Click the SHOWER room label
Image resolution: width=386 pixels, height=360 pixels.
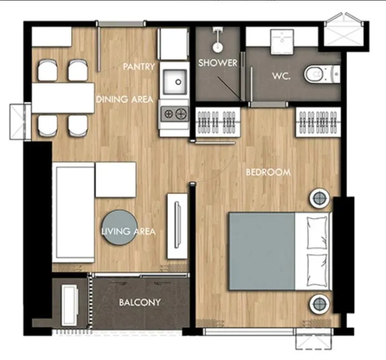(218, 63)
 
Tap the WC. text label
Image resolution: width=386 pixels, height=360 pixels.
(281, 76)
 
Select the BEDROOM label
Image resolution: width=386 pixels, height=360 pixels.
(268, 172)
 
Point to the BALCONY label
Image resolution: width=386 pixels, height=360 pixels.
(139, 302)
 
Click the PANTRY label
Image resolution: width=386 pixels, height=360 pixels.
(139, 67)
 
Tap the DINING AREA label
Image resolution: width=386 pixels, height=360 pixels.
(124, 99)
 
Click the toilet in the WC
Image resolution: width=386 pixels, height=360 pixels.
(322, 74)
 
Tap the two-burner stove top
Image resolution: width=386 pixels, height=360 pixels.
(175, 114)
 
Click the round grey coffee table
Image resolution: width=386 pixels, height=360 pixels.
(120, 227)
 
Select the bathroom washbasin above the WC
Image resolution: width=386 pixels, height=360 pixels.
(282, 42)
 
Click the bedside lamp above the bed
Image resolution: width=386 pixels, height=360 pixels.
(319, 198)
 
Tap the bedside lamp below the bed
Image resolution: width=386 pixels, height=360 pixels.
(319, 304)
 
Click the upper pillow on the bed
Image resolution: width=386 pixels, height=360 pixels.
(317, 233)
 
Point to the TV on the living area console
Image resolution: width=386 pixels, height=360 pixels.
(177, 224)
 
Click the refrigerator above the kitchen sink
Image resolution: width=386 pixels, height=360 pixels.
(172, 44)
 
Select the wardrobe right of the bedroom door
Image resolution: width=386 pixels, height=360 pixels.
(318, 122)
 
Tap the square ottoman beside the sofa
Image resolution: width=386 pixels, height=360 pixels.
(116, 180)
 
